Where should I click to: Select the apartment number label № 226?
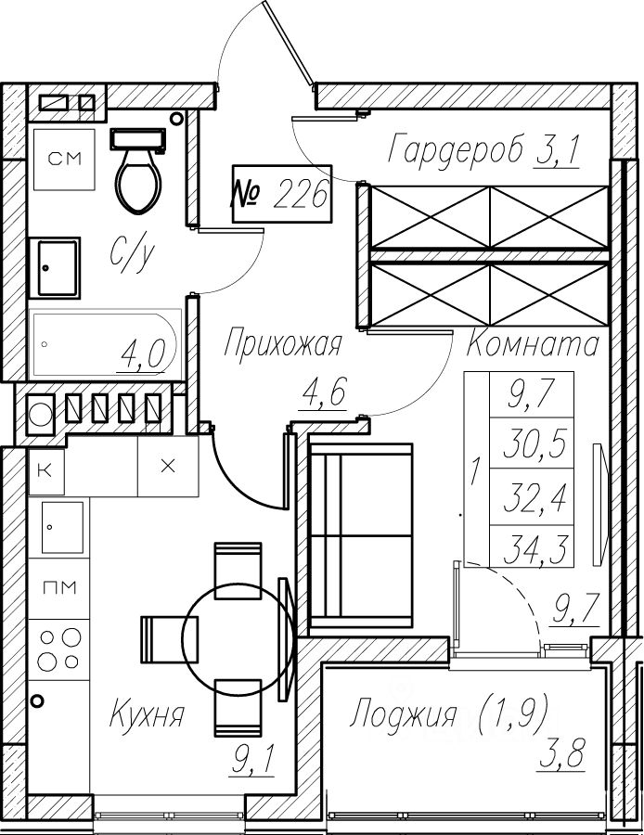point(280,195)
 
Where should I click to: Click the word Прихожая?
point(283,344)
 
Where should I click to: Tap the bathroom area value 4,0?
point(142,353)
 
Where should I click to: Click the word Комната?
point(531,345)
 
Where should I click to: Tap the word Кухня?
point(147,715)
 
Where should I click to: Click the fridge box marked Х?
point(168,466)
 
